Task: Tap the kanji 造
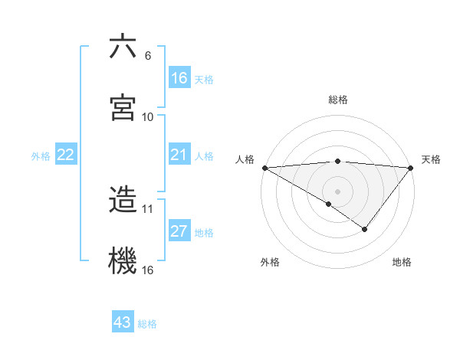123,198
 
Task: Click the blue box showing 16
179,78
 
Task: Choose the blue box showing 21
179,155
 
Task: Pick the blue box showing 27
179,231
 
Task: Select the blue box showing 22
66,155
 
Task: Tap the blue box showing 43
123,322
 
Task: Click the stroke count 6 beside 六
148,56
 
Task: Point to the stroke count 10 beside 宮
148,117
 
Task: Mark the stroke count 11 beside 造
148,208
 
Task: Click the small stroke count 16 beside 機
148,270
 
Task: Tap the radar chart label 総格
338,100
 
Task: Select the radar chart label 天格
432,159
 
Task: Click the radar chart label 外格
270,262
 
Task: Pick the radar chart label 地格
402,262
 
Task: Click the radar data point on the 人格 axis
264,167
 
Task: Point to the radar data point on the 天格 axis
411,167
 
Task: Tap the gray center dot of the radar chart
337,191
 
